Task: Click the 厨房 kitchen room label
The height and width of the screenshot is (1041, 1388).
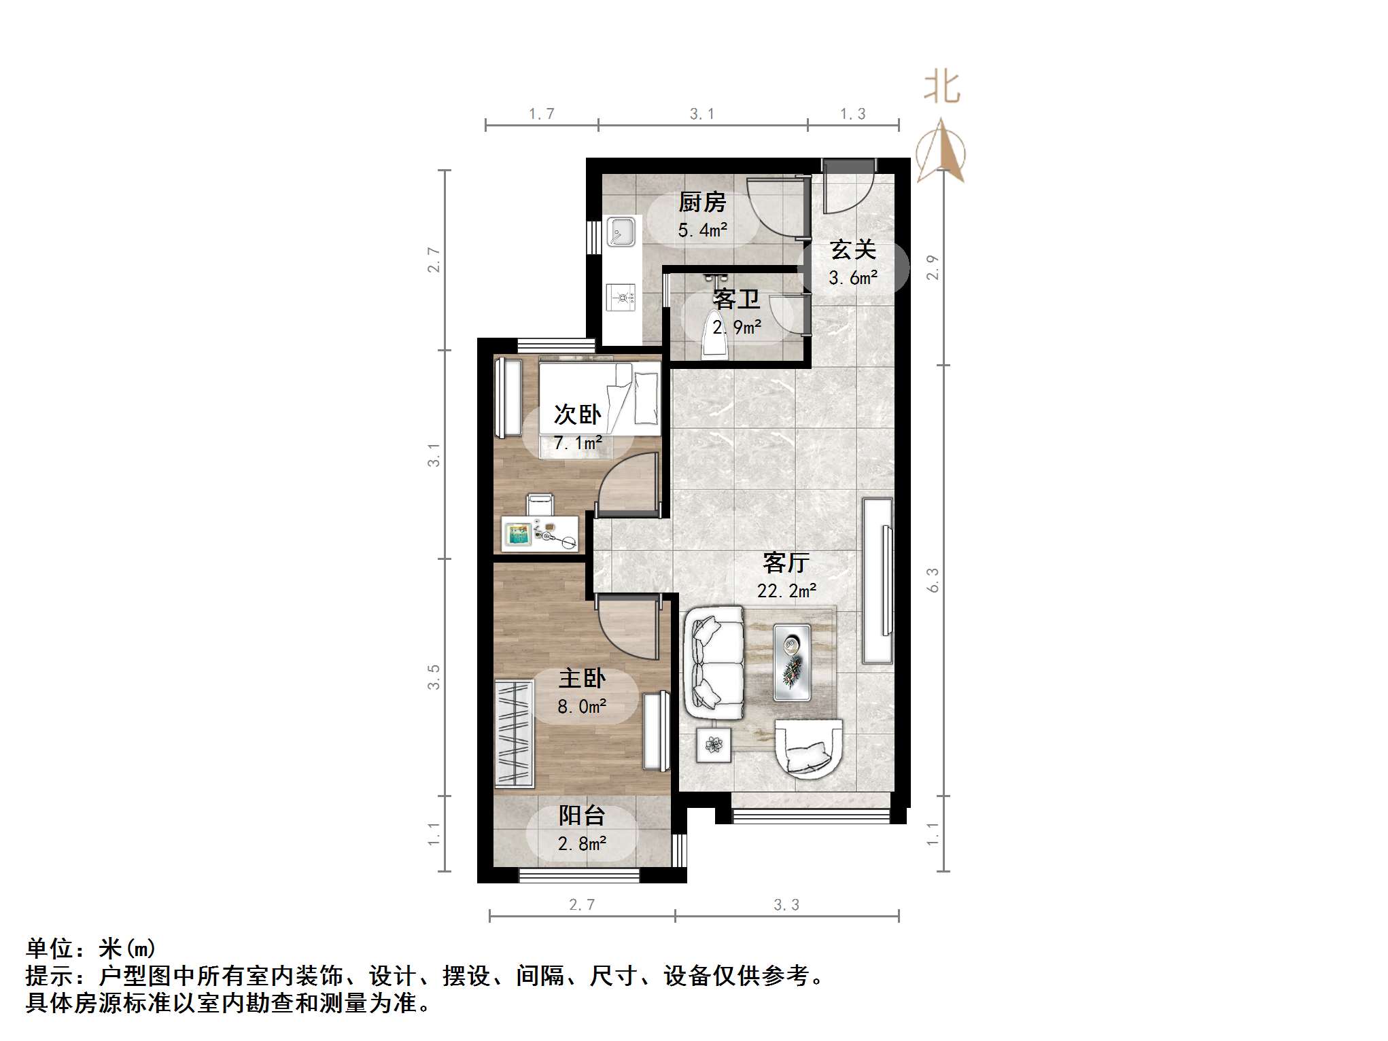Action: click(702, 202)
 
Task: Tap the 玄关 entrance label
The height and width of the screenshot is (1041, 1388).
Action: click(852, 250)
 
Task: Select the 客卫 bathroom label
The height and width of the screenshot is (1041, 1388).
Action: click(736, 299)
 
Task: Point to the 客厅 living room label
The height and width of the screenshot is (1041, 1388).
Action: click(786, 563)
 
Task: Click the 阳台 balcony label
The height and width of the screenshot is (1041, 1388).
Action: click(582, 815)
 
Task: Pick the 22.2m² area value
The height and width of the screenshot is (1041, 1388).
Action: click(786, 591)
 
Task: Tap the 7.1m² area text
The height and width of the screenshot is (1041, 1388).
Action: click(578, 443)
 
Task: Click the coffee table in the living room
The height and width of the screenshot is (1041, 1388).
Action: click(792, 663)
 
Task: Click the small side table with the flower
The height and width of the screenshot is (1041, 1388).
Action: click(714, 745)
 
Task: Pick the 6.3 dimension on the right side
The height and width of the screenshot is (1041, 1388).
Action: click(933, 580)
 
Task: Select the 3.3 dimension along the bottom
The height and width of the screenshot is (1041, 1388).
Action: click(786, 904)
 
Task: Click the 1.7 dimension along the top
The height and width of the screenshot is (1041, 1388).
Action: click(542, 113)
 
